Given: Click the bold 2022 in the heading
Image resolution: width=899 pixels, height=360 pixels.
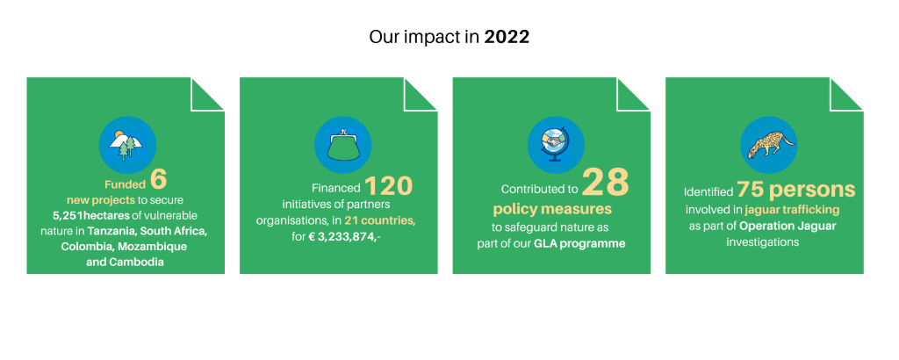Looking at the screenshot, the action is (x=507, y=37).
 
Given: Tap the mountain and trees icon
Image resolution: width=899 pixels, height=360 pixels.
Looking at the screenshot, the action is (x=127, y=145).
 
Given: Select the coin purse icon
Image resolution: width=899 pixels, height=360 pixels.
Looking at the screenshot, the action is (x=343, y=145).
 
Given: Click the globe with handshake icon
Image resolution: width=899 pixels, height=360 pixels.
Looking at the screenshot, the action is (x=556, y=145).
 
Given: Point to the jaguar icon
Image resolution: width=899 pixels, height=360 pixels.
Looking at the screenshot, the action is (x=769, y=145).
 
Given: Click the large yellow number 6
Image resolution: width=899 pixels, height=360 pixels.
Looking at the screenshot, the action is (x=159, y=179).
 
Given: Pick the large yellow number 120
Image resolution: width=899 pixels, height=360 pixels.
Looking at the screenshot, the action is (x=388, y=185).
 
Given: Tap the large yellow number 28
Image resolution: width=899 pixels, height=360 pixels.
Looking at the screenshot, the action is (x=606, y=183).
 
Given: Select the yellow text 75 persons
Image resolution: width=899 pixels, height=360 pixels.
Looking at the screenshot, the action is (x=795, y=189).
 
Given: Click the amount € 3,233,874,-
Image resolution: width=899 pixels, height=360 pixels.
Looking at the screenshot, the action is (x=342, y=235).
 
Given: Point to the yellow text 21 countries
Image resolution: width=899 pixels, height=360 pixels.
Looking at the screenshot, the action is (x=379, y=220).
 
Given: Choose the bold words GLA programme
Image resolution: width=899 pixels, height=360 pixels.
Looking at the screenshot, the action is (x=579, y=243).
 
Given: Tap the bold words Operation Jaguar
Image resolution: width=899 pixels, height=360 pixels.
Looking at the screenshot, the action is (x=788, y=226).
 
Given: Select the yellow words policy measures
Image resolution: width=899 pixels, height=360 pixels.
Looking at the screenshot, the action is (x=552, y=207).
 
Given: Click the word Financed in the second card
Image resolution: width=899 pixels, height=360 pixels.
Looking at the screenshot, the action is (x=336, y=188).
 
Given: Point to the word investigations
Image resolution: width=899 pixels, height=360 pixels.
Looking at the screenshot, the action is (x=763, y=242).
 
